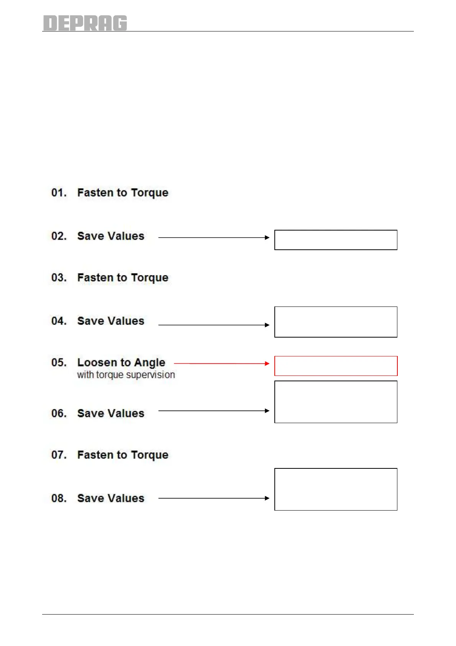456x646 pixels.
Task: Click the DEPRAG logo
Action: click(x=85, y=23)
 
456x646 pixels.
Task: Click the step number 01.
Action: click(x=59, y=193)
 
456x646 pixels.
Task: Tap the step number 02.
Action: click(x=59, y=236)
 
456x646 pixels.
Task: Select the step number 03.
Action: click(x=59, y=278)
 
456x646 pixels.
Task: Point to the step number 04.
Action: click(x=59, y=321)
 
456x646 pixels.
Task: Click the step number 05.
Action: click(x=59, y=363)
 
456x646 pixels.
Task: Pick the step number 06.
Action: click(x=59, y=414)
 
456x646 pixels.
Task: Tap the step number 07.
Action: click(x=59, y=455)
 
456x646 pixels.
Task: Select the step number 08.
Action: click(x=59, y=498)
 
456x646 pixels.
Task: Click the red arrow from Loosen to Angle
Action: click(x=221, y=363)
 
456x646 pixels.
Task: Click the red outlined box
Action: click(x=336, y=366)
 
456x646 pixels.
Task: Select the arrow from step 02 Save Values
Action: click(x=214, y=237)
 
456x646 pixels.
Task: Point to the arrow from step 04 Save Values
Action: click(x=214, y=325)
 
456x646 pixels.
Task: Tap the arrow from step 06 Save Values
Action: click(x=214, y=410)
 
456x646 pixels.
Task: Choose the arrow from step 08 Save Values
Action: click(x=214, y=498)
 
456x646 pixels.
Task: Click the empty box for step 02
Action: click(x=336, y=240)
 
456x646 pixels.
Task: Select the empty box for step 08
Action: click(x=336, y=489)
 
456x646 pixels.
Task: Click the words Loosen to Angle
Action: click(x=121, y=363)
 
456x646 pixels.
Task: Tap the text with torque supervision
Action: click(x=126, y=375)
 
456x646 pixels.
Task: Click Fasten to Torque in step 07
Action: click(x=123, y=455)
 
